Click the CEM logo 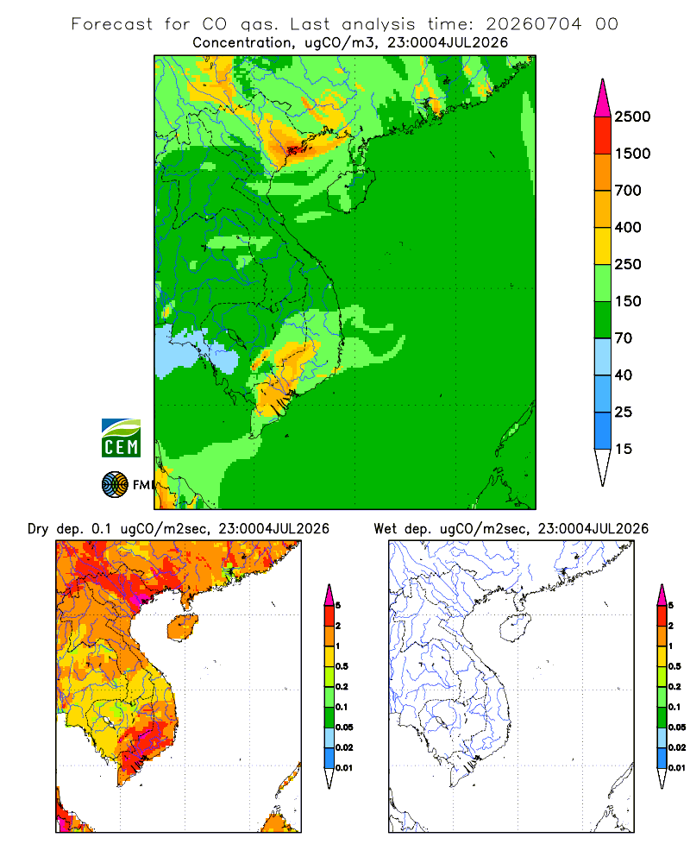(x=121, y=438)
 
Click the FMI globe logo (x=115, y=485)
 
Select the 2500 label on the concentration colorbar (x=632, y=117)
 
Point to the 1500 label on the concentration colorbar (x=632, y=154)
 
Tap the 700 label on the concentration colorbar (x=628, y=191)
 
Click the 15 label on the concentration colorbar (x=624, y=449)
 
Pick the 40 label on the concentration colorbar (x=624, y=375)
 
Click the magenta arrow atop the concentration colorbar (x=603, y=98)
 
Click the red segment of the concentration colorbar (x=603, y=135)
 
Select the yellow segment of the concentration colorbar (x=603, y=246)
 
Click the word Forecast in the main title (x=112, y=24)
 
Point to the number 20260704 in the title (x=533, y=24)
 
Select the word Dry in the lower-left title (x=38, y=529)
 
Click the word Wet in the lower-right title (x=385, y=529)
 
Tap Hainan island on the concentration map (x=352, y=190)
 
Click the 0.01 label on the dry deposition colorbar (x=344, y=768)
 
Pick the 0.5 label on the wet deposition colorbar (x=674, y=666)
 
